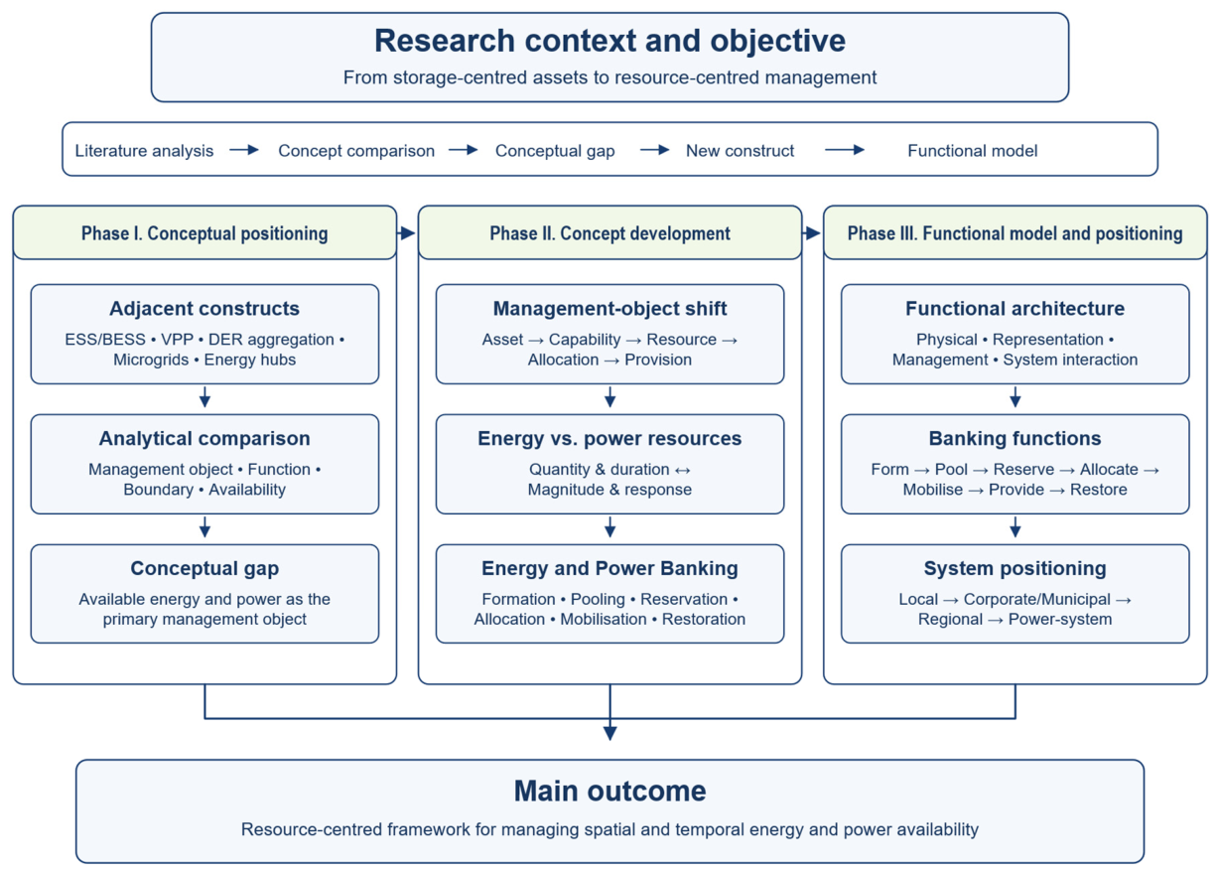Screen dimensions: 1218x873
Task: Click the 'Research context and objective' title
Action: (609, 41)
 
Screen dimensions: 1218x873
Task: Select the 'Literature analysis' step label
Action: (144, 151)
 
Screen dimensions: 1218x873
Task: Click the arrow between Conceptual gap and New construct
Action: (654, 150)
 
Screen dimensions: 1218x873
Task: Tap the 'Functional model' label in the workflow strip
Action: (972, 151)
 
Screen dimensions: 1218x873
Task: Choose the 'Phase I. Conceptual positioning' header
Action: (204, 233)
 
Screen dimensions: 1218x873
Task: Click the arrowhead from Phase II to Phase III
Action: (812, 233)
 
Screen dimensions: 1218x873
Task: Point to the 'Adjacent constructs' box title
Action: (204, 309)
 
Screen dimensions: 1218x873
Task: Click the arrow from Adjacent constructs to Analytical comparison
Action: (204, 397)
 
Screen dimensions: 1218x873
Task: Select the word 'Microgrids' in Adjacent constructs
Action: (151, 360)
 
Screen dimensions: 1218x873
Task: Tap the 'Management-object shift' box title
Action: (609, 309)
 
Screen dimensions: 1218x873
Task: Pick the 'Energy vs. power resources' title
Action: (609, 438)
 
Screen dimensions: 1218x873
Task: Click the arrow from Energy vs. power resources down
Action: (609, 527)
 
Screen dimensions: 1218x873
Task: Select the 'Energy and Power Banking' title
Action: (609, 568)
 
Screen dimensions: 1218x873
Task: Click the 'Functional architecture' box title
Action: (1015, 309)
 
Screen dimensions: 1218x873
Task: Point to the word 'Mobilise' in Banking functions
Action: (932, 490)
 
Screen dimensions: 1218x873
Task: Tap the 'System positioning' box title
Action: (1015, 568)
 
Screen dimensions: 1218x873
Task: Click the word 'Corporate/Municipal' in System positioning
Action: (1037, 599)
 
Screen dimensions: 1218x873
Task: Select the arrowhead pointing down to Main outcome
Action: (610, 733)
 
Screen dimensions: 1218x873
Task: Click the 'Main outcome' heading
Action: (609, 791)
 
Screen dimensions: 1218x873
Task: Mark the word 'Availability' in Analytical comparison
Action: (247, 490)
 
